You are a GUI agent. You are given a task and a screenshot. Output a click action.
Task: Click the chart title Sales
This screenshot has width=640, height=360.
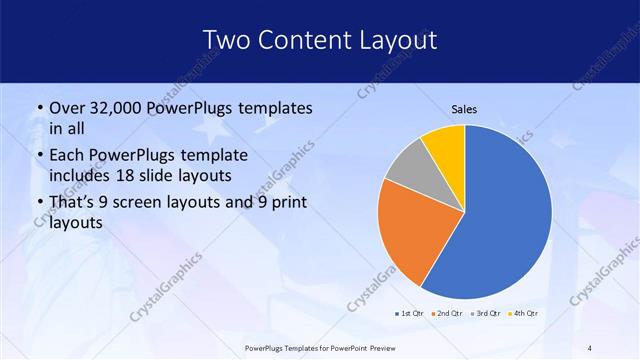pyautogui.click(x=464, y=108)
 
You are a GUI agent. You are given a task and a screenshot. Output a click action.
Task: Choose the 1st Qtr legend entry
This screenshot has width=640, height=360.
pyautogui.click(x=408, y=314)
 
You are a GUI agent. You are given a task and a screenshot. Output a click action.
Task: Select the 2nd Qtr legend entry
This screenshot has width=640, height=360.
pyautogui.click(x=447, y=314)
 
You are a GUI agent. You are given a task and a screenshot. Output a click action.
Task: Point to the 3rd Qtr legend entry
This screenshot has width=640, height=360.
pyautogui.click(x=487, y=314)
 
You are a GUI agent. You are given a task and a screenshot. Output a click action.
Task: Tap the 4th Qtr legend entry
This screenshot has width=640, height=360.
pyautogui.click(x=526, y=314)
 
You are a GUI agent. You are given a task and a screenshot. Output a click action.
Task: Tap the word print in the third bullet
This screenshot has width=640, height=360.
pyautogui.click(x=286, y=202)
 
